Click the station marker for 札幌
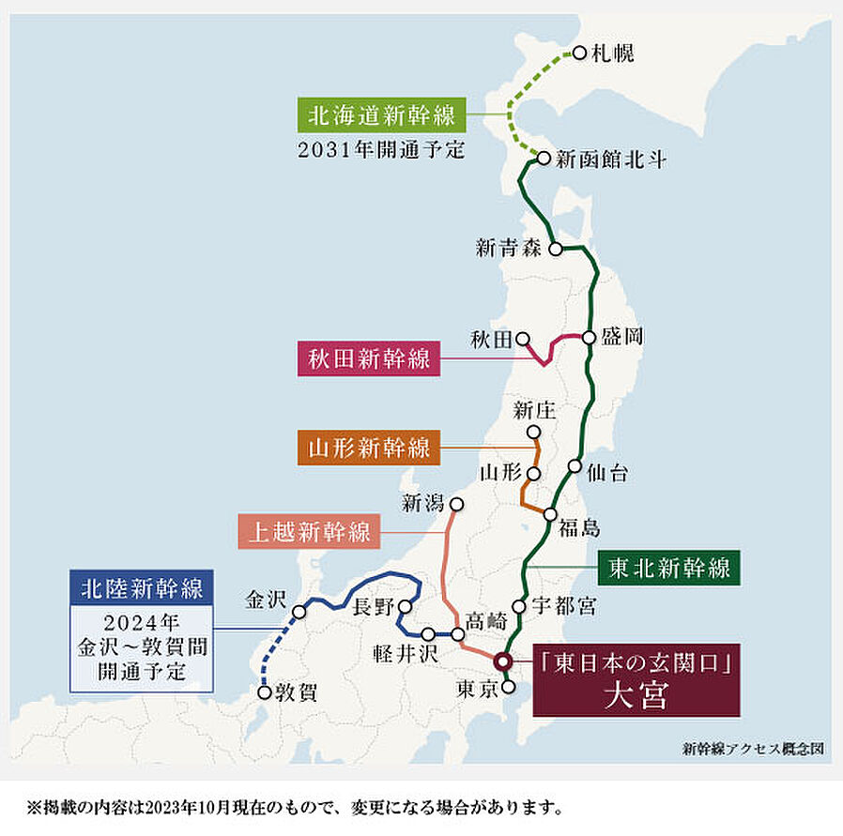tap(579, 53)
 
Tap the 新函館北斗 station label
tap(611, 160)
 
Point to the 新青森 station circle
tap(556, 249)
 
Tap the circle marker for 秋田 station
tap(522, 339)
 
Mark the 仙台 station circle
tap(575, 466)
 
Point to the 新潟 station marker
tap(457, 504)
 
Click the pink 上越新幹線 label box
tap(310, 532)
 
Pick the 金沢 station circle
tap(299, 612)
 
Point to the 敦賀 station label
tap(296, 693)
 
